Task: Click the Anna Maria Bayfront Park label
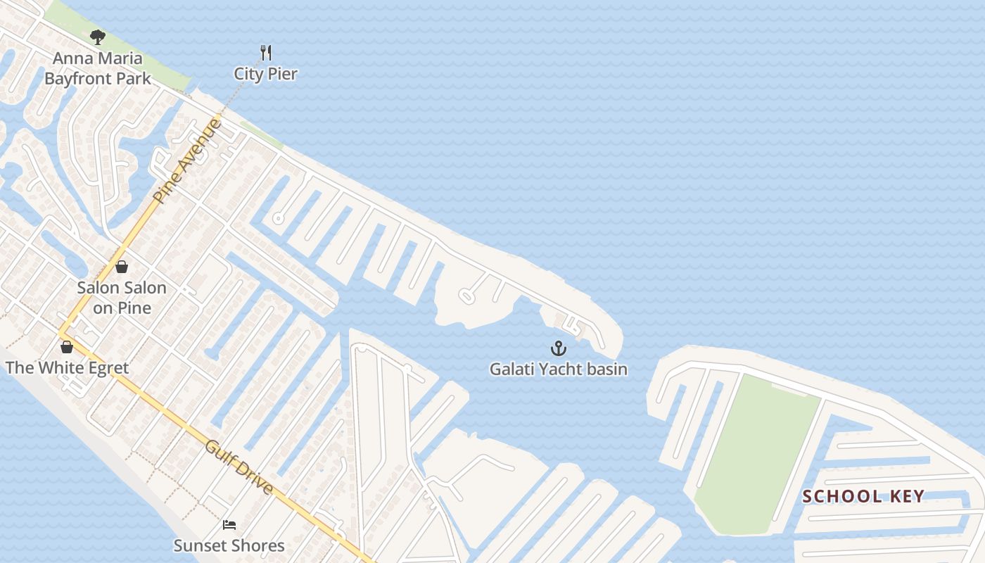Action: [98, 68]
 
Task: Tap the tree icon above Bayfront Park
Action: [98, 37]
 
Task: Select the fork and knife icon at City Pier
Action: [266, 52]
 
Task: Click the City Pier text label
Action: [266, 74]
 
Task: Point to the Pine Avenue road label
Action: [187, 161]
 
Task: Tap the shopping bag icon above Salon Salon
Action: [122, 267]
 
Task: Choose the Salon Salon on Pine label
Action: [122, 298]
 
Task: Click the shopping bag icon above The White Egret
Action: [67, 347]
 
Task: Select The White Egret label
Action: [67, 368]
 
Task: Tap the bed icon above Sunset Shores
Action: [229, 524]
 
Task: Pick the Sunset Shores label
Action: [229, 545]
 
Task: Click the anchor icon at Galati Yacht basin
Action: [558, 348]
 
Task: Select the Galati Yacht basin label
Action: [558, 369]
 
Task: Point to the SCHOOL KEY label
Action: [863, 496]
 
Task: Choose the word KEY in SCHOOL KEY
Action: [907, 496]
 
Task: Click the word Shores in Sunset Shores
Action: [258, 545]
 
